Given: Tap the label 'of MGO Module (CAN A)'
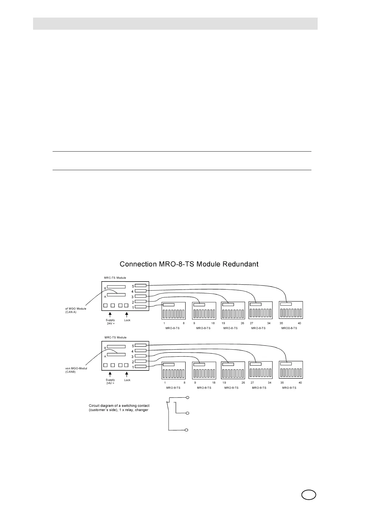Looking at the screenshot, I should pyautogui.click(x=76, y=310).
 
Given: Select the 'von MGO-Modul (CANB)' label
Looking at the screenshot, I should pyautogui.click(x=76, y=370).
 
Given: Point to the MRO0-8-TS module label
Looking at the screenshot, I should pyautogui.click(x=289, y=328).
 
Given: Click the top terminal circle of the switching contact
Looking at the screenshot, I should pyautogui.click(x=187, y=397).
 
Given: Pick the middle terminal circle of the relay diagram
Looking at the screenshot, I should pyautogui.click(x=187, y=413).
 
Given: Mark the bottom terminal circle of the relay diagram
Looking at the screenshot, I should pyautogui.click(x=186, y=430).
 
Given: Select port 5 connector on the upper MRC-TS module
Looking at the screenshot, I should pyautogui.click(x=141, y=286).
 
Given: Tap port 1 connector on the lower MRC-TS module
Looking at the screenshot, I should pyautogui.click(x=141, y=367).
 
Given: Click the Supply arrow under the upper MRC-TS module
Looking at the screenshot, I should pyautogui.click(x=110, y=315).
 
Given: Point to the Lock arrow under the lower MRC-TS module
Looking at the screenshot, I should pyautogui.click(x=126, y=375).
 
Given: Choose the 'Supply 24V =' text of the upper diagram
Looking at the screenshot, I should pyautogui.click(x=110, y=322).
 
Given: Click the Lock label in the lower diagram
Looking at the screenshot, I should pyautogui.click(x=127, y=380).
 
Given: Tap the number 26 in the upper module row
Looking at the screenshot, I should pyautogui.click(x=242, y=323).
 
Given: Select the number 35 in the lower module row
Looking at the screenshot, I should pyautogui.click(x=282, y=383).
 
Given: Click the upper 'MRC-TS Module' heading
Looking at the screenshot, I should pyautogui.click(x=115, y=278).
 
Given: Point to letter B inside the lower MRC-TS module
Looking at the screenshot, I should pyautogui.click(x=105, y=348).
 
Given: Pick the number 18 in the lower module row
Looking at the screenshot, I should pyautogui.click(x=214, y=383).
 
